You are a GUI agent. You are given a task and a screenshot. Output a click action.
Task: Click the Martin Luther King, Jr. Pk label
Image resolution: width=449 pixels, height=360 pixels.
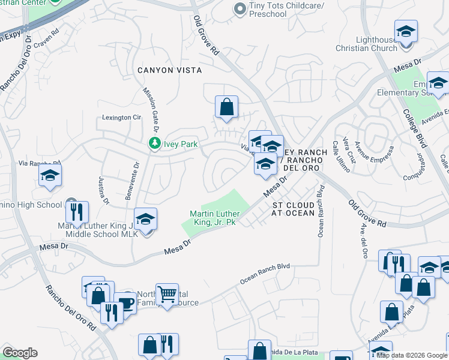(x=215, y=218)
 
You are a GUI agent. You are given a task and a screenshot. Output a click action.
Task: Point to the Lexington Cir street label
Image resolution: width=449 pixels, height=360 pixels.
(x=121, y=118)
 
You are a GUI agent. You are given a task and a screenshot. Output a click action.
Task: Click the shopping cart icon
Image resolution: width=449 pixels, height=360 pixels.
(x=167, y=294)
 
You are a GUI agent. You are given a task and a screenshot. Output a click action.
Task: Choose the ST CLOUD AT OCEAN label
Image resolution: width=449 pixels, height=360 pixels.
(x=294, y=209)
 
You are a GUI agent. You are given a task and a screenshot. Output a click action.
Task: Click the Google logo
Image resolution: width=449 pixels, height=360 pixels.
(x=20, y=353)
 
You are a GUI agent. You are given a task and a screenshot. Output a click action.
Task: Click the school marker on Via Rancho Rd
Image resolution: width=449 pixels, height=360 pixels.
(x=50, y=175)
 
